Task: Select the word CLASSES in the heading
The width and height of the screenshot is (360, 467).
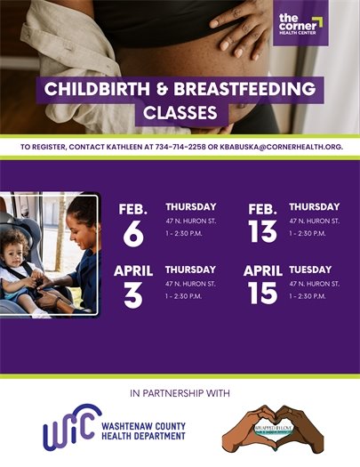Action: pyautogui.click(x=180, y=114)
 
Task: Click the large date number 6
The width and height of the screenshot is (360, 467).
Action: pyautogui.click(x=133, y=234)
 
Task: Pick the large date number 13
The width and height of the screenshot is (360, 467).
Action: pyautogui.click(x=262, y=234)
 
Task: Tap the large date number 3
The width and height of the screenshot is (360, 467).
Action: pyautogui.click(x=133, y=295)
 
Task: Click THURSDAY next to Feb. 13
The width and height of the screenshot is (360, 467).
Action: pyautogui.click(x=314, y=207)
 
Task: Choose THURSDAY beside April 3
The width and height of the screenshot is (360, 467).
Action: pyautogui.click(x=190, y=270)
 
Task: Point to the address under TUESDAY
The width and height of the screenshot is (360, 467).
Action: pyautogui.click(x=314, y=284)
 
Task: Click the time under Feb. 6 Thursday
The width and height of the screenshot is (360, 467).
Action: pyautogui.click(x=183, y=234)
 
